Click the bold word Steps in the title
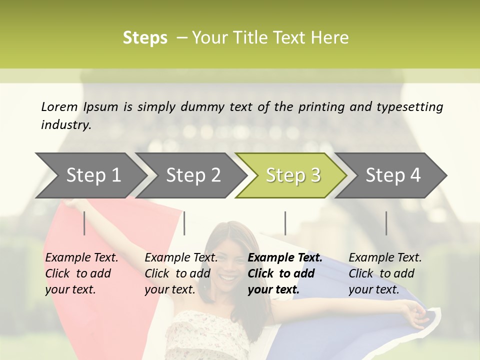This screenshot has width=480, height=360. click(x=145, y=38)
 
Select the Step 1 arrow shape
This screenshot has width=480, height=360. click(x=93, y=175)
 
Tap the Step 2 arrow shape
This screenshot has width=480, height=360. click(x=193, y=175)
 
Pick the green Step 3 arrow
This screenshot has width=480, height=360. click(x=293, y=175)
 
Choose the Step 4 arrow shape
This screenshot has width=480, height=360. click(x=393, y=175)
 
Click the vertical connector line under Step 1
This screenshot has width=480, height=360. click(x=84, y=223)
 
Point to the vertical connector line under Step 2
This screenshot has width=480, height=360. click(x=184, y=223)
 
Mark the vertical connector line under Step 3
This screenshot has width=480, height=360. click(x=285, y=223)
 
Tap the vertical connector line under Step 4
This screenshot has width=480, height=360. click(x=386, y=223)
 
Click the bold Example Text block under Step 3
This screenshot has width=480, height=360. click(x=285, y=273)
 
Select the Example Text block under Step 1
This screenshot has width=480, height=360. click(x=81, y=273)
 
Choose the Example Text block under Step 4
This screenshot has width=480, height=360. click(x=385, y=273)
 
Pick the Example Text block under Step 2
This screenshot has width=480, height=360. click(x=181, y=273)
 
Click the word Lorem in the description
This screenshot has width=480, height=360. click(x=59, y=106)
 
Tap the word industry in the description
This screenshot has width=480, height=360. click(x=65, y=125)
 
